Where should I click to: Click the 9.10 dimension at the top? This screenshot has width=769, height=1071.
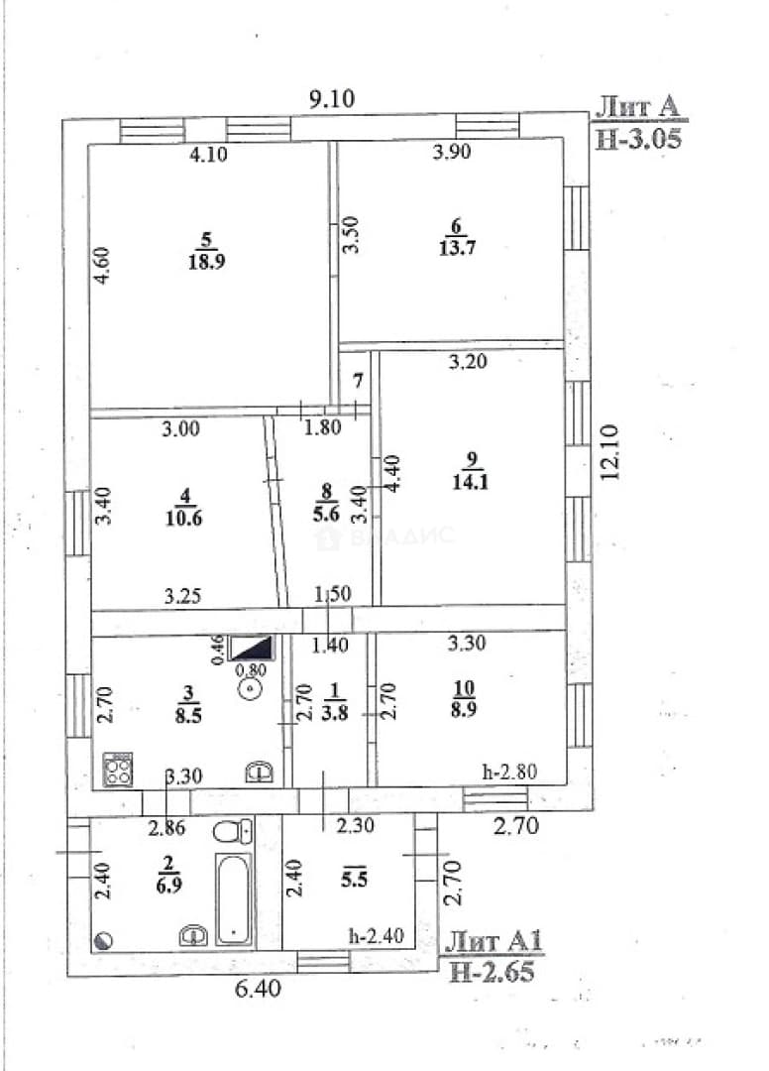[332, 99]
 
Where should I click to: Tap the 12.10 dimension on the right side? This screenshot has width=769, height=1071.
[609, 452]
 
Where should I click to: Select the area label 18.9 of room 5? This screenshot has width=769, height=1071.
[207, 260]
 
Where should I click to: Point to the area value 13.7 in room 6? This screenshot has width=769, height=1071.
[457, 247]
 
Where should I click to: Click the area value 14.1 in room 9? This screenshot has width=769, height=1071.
[470, 482]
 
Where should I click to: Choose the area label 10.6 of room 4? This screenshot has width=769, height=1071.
[184, 517]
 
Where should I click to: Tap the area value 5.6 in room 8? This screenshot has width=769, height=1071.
[326, 513]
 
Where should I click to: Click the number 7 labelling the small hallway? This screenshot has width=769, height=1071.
[358, 382]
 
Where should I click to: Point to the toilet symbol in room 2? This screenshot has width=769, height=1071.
[232, 831]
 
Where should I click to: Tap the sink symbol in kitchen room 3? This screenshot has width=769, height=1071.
[260, 772]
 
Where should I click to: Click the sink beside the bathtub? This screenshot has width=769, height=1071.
[194, 935]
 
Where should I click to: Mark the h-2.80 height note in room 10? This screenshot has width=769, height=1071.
[509, 772]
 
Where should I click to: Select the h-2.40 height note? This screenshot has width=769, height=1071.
[376, 935]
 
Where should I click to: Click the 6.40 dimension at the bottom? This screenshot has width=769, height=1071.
[258, 988]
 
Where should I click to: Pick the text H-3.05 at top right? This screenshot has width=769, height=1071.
[638, 139]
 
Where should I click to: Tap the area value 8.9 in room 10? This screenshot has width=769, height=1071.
[464, 709]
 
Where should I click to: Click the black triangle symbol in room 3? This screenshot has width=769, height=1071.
[250, 648]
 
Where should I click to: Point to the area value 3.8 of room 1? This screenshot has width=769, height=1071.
[334, 712]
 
